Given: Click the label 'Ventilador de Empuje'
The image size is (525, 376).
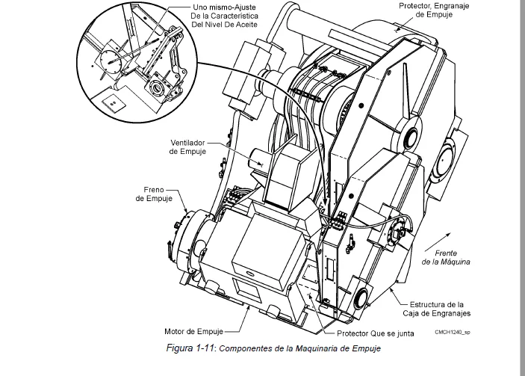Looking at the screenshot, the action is [x=187, y=147].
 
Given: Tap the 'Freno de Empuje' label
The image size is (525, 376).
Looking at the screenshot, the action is [x=154, y=194].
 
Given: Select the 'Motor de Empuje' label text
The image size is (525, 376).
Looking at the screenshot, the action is [x=193, y=331].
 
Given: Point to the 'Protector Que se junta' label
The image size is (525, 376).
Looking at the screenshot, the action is [x=376, y=333].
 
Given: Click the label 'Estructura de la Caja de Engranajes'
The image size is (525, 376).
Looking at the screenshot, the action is [x=437, y=309].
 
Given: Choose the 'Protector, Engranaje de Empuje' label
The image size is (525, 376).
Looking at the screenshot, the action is [x=434, y=10].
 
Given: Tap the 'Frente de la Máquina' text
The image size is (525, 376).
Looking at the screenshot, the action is [x=446, y=257].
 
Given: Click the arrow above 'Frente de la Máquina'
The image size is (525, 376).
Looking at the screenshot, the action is [x=438, y=242].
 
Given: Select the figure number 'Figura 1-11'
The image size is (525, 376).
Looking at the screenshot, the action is [x=190, y=348].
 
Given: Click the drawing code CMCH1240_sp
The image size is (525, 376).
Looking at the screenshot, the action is [x=453, y=332].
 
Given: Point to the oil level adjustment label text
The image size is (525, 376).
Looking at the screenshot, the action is [x=224, y=16].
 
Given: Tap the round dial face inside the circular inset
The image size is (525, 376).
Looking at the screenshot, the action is [x=111, y=61].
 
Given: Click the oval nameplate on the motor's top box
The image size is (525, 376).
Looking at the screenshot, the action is [x=250, y=274].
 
